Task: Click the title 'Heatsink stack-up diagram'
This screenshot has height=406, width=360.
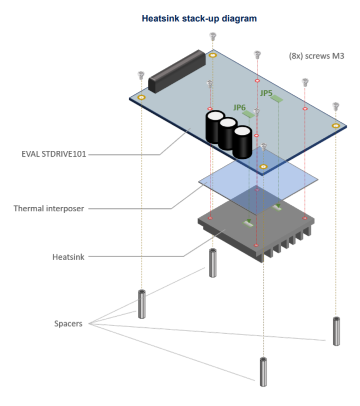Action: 199,19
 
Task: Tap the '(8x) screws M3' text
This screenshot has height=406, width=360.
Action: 316,56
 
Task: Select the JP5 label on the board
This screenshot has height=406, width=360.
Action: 266,93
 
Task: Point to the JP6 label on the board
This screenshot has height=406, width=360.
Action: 239,107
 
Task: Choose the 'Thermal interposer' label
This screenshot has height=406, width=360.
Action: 48,208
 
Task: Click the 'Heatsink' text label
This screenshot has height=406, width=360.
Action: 68,257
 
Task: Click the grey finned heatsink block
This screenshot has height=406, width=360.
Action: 255,230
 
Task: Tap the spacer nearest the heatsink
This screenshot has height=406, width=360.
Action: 212,263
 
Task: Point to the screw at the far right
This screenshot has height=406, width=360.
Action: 336,106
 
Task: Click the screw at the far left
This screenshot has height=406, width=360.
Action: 141,75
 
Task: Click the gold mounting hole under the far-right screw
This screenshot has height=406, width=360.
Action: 336,125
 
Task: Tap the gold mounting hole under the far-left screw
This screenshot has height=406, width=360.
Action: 141,97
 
